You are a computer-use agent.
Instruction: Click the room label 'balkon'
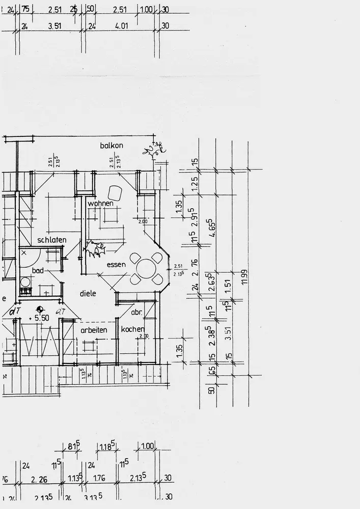[112, 146]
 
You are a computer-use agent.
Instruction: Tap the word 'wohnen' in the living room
[100, 204]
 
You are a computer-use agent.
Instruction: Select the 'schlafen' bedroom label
[52, 240]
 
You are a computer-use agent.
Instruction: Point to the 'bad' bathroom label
[38, 270]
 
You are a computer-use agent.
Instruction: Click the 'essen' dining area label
[116, 265]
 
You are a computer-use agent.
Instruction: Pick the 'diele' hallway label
[88, 293]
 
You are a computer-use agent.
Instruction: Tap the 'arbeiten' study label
[94, 330]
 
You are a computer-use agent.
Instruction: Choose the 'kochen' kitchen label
[133, 329]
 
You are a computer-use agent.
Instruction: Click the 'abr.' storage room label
[136, 313]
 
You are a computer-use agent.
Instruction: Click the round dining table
[147, 268]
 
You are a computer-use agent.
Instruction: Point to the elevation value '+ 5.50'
[40, 317]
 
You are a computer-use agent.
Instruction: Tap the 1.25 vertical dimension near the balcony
[195, 182]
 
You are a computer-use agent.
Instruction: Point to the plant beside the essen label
[95, 249]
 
